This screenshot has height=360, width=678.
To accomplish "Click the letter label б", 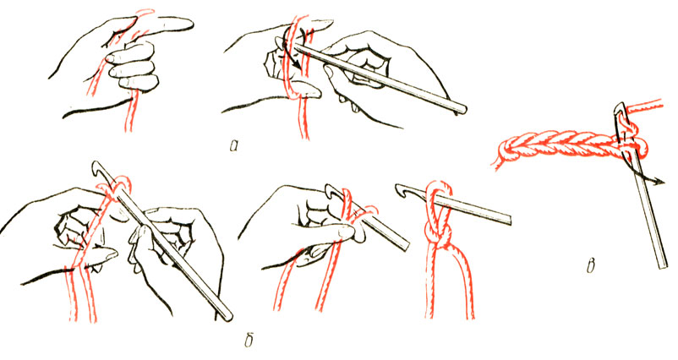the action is click(249, 340).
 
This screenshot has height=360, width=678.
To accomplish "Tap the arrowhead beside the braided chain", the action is click(660, 181).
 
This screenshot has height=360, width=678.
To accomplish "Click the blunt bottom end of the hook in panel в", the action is click(661, 265).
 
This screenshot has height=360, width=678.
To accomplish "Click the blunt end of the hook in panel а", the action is click(462, 110).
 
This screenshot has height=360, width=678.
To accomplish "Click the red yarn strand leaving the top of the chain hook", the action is click(645, 106).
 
